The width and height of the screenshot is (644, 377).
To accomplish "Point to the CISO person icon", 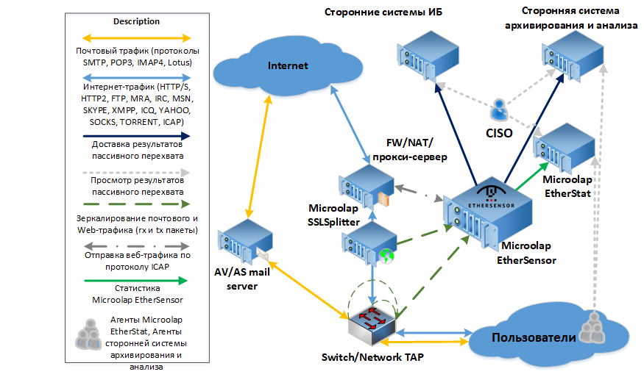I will pos(499,110).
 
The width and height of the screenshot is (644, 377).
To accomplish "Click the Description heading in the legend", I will pos(135,21).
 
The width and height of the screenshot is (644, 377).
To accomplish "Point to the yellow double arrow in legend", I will pos(135,37).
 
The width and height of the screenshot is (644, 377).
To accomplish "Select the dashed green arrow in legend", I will pos(135,204).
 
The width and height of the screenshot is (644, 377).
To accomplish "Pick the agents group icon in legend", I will pos(89,334).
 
